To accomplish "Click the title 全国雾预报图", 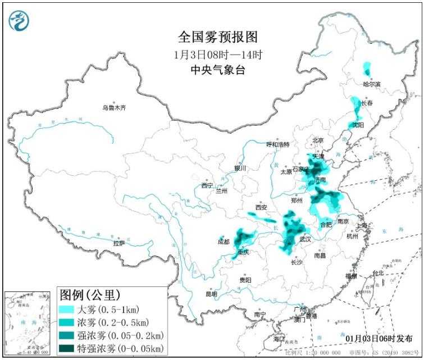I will click(x=218, y=37).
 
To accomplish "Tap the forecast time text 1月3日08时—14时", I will click(x=218, y=55).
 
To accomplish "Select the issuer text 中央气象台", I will click(x=218, y=70).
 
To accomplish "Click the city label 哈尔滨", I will click(x=371, y=84).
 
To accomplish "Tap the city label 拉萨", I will click(x=118, y=243).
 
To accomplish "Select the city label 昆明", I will click(x=211, y=293).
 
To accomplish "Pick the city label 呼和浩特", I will click(x=277, y=144).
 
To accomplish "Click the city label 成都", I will click(x=224, y=241).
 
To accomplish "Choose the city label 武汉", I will click(x=306, y=239).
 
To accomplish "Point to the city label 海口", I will click(x=279, y=340).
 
